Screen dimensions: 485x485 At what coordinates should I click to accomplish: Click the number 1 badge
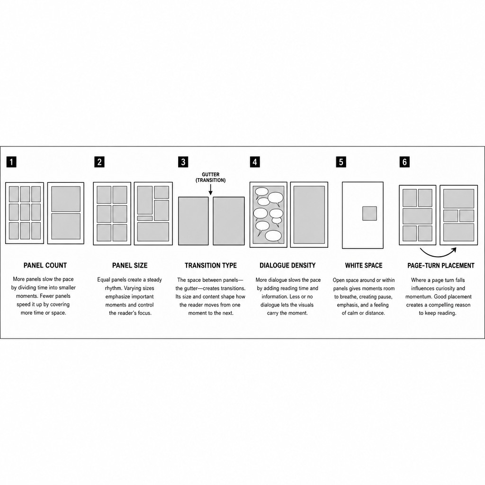click(x=11, y=162)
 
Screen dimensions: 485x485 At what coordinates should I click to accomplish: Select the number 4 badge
click(x=254, y=162)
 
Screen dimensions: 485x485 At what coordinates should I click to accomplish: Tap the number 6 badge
click(x=404, y=162)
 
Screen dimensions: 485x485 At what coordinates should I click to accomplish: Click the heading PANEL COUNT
click(x=45, y=265)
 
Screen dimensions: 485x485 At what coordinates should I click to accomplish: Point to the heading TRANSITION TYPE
click(x=211, y=265)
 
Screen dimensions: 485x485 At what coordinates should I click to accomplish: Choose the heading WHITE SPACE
click(x=364, y=265)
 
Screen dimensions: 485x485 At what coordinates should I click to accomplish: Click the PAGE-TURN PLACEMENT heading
click(x=441, y=265)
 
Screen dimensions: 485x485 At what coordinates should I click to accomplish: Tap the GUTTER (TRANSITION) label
click(x=211, y=177)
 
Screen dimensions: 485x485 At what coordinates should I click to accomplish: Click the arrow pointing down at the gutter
click(x=211, y=189)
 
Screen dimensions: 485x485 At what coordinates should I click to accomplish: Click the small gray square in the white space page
click(x=369, y=214)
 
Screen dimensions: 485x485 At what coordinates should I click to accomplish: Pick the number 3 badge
click(x=183, y=162)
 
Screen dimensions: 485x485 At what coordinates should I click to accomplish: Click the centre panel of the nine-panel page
click(x=25, y=212)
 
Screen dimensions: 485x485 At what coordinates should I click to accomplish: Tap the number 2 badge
click(x=99, y=162)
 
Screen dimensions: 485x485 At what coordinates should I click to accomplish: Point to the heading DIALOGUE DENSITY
click(x=287, y=265)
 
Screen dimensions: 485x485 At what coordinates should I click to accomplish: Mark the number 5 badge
click(x=341, y=162)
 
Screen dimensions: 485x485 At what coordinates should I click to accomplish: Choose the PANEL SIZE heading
click(x=130, y=265)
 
